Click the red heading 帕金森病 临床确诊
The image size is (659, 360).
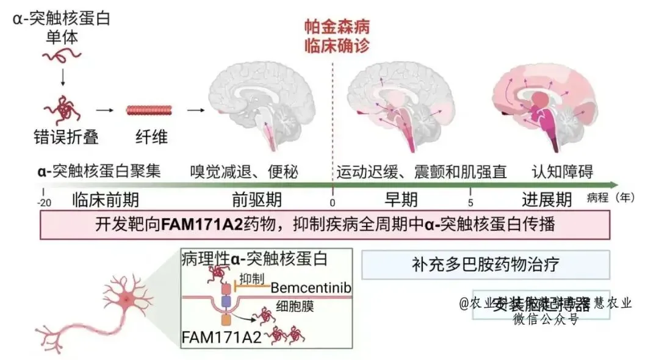[x=337, y=37]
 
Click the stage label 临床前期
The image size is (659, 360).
[x=106, y=200]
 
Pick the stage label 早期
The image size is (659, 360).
[x=401, y=200]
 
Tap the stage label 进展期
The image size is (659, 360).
[x=547, y=200]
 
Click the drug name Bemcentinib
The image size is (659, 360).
[x=311, y=287]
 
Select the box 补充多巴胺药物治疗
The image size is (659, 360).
[x=486, y=265]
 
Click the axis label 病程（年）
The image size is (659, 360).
[x=610, y=198]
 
